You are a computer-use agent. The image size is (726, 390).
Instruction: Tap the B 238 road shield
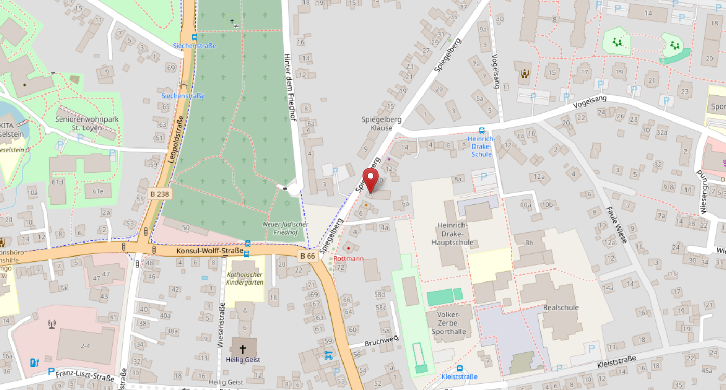click(160, 194)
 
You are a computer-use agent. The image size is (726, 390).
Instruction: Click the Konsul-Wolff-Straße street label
click(209, 251)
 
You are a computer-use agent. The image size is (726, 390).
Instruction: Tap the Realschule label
click(560, 307)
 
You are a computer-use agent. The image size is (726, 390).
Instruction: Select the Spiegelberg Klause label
click(381, 124)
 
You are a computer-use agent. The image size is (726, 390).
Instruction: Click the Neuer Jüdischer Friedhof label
click(285, 228)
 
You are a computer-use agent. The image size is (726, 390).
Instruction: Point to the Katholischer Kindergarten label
click(245, 278)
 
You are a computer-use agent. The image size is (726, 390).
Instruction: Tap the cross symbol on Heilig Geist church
click(242, 349)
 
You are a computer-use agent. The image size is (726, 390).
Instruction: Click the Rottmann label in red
click(348, 258)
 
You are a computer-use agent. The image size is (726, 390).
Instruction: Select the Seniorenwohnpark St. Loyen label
click(87, 123)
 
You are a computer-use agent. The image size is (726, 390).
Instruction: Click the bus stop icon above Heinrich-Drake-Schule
click(482, 130)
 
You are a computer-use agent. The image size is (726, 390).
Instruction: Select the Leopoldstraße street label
click(177, 140)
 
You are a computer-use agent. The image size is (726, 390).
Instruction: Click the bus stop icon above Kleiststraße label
click(459, 368)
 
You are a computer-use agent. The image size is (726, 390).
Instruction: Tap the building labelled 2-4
click(85, 345)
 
